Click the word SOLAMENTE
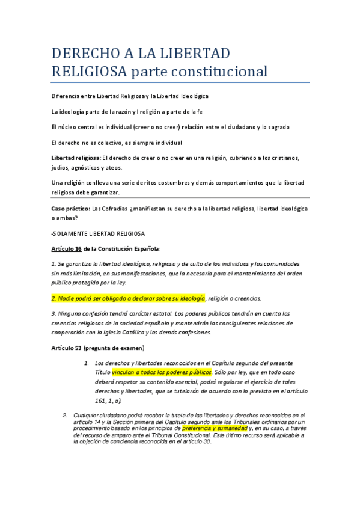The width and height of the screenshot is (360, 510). click(x=77, y=233)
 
